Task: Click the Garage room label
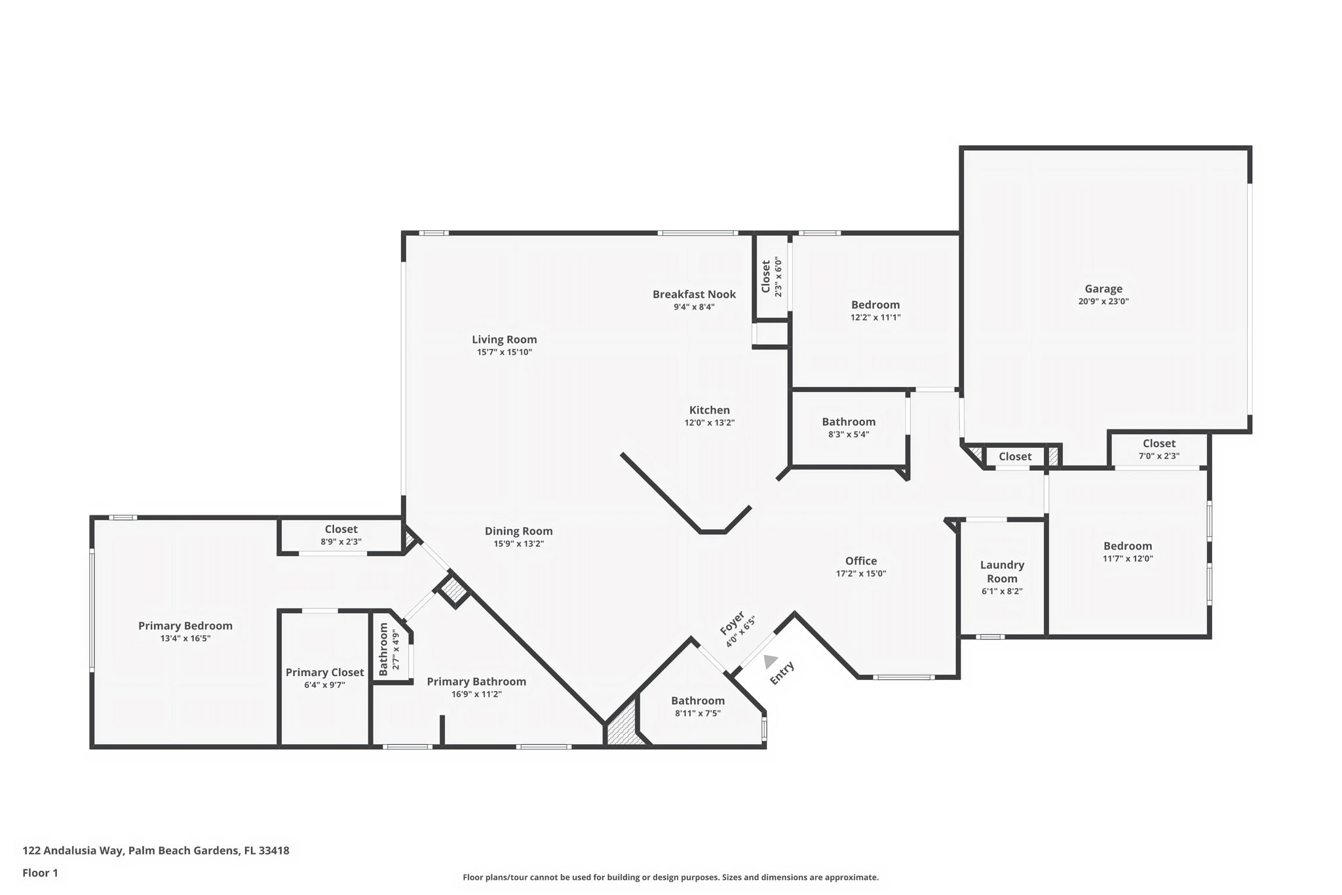tap(1103, 288)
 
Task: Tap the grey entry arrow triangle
tap(770, 661)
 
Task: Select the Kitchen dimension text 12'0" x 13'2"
tap(709, 423)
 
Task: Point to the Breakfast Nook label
tap(694, 294)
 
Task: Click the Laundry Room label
tap(1002, 571)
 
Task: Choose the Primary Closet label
tap(324, 672)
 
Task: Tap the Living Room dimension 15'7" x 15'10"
tap(504, 352)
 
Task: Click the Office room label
tap(860, 561)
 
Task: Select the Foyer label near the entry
tap(732, 623)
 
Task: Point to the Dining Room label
tap(518, 531)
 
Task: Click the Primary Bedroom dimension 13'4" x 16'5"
tap(185, 638)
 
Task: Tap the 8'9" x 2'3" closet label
tap(341, 529)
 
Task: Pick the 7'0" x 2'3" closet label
tap(1159, 443)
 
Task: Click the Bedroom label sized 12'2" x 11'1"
tap(875, 305)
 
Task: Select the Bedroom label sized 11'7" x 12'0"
tap(1127, 546)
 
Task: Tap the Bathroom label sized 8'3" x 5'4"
tap(849, 422)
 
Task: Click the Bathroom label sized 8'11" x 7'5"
tap(697, 701)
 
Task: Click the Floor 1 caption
tap(40, 873)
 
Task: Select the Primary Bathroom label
tap(476, 681)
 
